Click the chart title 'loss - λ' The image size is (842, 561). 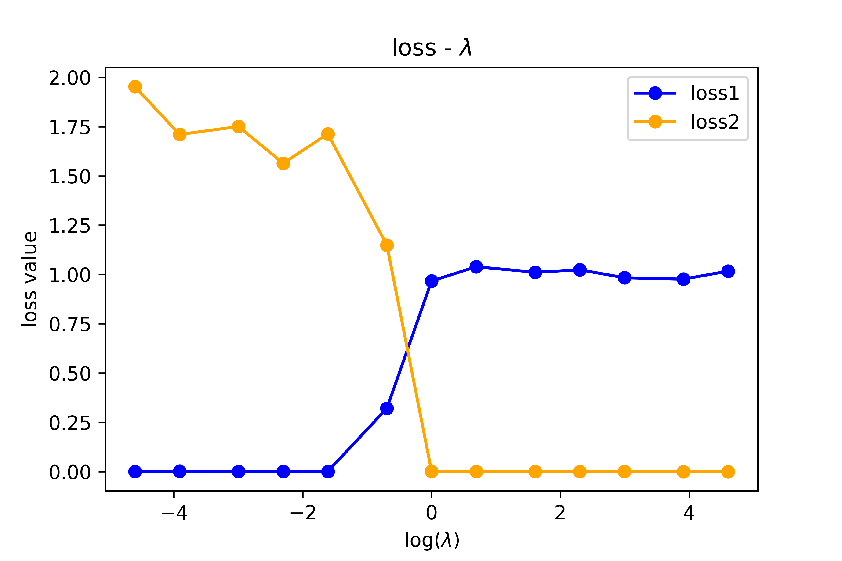tap(432, 48)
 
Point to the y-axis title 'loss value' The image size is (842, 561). tap(29, 279)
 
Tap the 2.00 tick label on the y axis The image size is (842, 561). tap(70, 78)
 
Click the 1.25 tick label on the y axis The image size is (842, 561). tap(70, 226)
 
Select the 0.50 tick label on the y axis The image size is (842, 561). tap(70, 374)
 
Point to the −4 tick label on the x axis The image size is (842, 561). tap(174, 513)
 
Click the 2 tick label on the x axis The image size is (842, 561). tap(560, 513)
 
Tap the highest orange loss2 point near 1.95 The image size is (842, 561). tap(135, 86)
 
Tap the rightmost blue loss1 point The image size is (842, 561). tap(728, 271)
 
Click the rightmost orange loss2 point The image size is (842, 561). tap(728, 472)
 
